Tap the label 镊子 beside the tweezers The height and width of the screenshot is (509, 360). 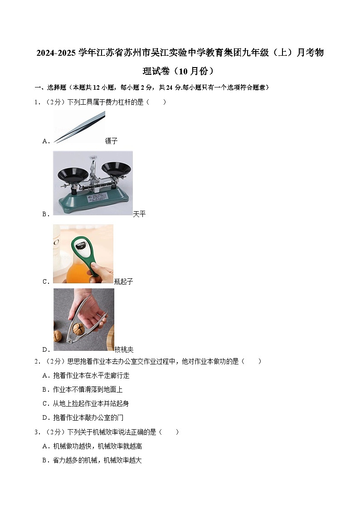pyautogui.click(x=111, y=141)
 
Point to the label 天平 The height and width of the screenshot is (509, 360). pyautogui.click(x=139, y=214)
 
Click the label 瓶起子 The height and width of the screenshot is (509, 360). pyautogui.click(x=123, y=281)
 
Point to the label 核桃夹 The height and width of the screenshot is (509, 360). pyautogui.click(x=124, y=349)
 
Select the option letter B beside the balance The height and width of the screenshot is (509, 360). pyautogui.click(x=45, y=214)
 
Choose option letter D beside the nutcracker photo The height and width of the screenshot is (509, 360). pyautogui.click(x=45, y=349)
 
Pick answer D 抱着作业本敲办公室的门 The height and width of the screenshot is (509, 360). pyautogui.click(x=83, y=417)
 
